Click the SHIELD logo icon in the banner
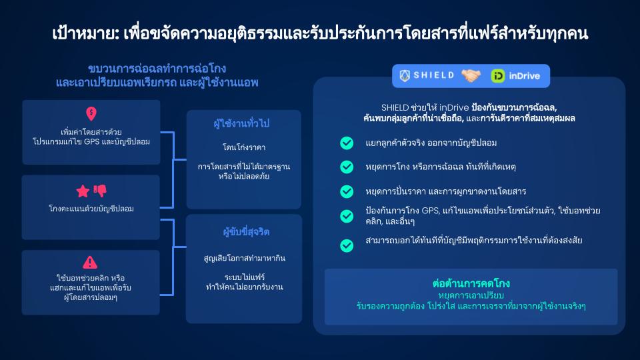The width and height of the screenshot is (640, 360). (x=405, y=75)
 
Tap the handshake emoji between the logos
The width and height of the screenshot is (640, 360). (x=471, y=75)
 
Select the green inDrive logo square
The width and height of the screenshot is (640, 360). (x=497, y=76)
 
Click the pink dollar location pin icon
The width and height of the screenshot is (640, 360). (x=91, y=114)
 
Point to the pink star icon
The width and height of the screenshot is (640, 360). (x=83, y=191)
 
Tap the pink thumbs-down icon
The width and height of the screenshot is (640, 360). (x=101, y=190)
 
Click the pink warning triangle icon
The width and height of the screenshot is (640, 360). (x=90, y=263)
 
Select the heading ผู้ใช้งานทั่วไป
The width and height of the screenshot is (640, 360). (x=241, y=123)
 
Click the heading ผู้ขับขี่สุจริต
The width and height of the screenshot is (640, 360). (x=246, y=232)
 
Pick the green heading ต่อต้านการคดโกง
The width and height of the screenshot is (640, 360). (x=471, y=283)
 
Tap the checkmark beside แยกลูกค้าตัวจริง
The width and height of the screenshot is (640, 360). (x=347, y=143)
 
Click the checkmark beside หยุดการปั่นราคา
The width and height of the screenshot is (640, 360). (x=347, y=191)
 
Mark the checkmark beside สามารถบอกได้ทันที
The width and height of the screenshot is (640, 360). (x=347, y=245)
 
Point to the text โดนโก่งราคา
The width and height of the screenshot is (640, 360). (x=244, y=147)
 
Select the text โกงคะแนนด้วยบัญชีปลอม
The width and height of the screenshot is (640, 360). (x=91, y=209)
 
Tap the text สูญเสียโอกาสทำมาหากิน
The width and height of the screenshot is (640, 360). (x=245, y=258)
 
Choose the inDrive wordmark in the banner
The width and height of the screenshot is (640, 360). (x=525, y=76)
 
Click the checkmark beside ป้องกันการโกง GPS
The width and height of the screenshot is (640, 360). (x=347, y=216)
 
